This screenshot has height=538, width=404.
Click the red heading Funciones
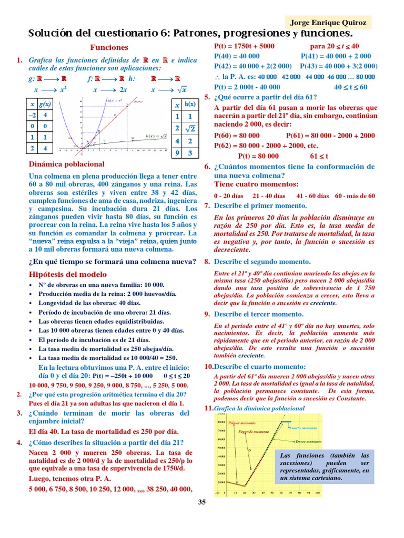click(x=109, y=47)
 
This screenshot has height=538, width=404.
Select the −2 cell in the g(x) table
click(x=33, y=115)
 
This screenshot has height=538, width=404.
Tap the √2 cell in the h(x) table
click(x=190, y=128)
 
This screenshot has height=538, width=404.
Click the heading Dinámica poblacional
click(x=66, y=164)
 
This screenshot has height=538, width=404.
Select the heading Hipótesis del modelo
click(x=67, y=274)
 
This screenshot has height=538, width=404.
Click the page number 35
click(x=202, y=502)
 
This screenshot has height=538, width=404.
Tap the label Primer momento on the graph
click(x=241, y=422)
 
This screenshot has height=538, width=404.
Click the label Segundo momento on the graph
click(x=254, y=431)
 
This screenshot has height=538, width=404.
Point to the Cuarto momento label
click(x=306, y=428)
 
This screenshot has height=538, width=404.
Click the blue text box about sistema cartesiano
click(x=325, y=467)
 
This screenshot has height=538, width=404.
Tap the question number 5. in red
click(x=207, y=97)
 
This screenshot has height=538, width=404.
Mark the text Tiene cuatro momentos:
click(x=256, y=184)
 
